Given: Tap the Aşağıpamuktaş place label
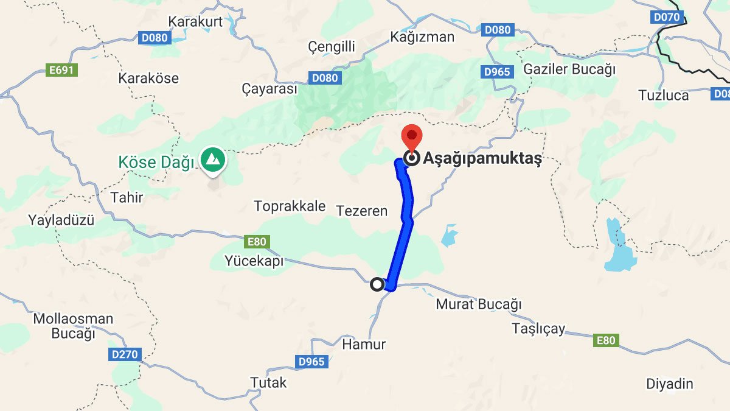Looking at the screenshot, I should pos(482,160).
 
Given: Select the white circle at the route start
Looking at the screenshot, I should pos(377,284).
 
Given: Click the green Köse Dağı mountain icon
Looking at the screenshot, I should pos(214,160).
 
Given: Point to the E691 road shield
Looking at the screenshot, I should pos(61,70).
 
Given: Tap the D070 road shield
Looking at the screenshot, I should pos(667,17).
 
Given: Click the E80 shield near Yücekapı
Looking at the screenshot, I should pos(257,242).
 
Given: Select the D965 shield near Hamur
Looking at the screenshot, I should pos(312,362).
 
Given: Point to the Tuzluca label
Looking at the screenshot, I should pos(664,95).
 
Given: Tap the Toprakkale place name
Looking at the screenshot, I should pos(290,206).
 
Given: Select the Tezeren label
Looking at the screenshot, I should pos(362,211).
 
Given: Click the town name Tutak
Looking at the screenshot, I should pos(268,383).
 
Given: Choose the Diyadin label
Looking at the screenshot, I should pos(669,384).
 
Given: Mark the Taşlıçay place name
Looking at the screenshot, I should pos(538,329).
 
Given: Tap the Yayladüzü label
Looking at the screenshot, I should pos(61,220).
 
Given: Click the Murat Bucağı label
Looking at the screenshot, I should pos(479,304).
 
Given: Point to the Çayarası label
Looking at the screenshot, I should pos(269,90).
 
